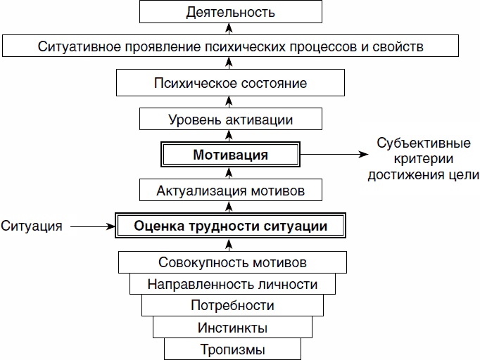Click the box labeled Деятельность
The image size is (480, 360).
point(231,12)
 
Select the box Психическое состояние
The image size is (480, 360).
point(231,83)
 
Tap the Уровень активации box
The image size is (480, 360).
point(231,119)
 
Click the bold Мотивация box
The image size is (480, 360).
point(231,155)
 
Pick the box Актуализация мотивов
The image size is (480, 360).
point(231,191)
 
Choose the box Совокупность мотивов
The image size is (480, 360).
point(232,263)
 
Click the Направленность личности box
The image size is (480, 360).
point(232,285)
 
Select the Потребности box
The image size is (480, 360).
point(232,306)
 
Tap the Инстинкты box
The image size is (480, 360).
point(232,328)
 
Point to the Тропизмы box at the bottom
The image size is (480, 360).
point(232,349)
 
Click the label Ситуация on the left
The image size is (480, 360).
point(32,226)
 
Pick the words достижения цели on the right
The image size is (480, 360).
point(423,174)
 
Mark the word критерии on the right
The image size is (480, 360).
point(423,159)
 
